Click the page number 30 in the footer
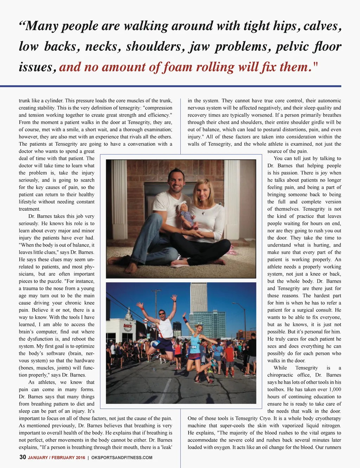tap(22, 457)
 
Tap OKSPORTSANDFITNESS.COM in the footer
tap(122, 457)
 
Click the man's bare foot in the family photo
tap(131, 267)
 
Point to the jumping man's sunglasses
tap(162, 313)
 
